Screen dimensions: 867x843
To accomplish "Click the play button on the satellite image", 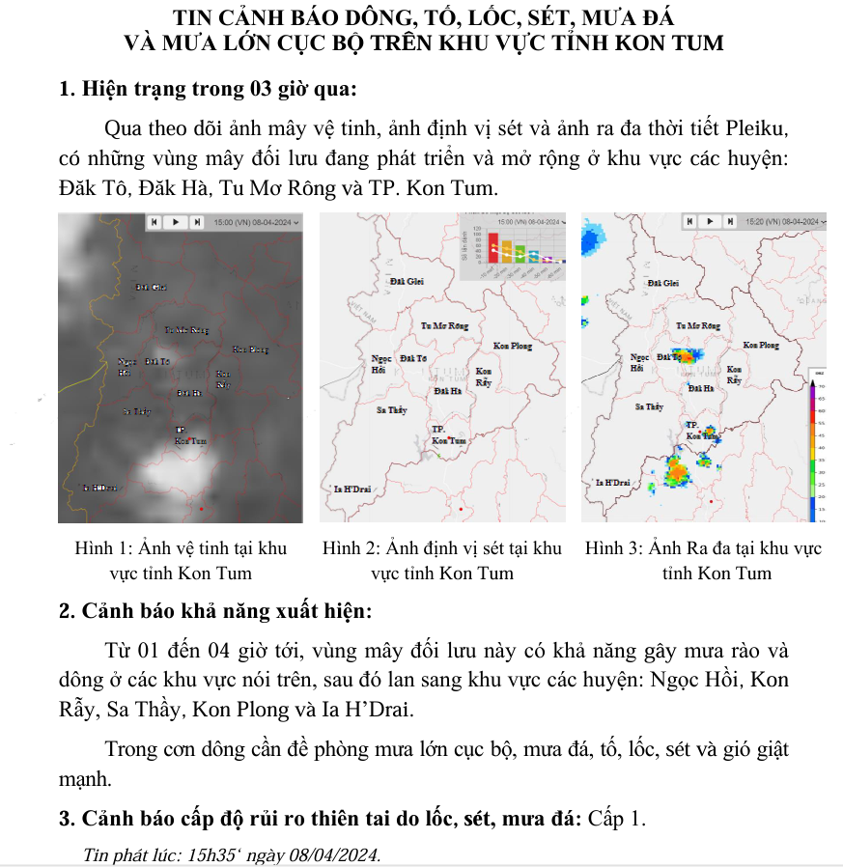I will [x=175, y=221].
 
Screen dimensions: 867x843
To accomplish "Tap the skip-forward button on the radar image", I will [x=731, y=221].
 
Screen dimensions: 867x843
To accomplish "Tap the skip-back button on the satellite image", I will [x=155, y=221].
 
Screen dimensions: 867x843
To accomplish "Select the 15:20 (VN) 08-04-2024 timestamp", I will [x=783, y=221].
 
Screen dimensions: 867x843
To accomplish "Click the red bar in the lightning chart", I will [x=492, y=247].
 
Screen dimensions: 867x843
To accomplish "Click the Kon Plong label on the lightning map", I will [x=512, y=346].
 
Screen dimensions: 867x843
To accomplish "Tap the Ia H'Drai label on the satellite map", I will [x=100, y=488].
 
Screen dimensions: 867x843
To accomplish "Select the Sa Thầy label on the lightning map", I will [x=391, y=410].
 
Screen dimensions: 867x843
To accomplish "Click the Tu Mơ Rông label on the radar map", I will [x=698, y=326].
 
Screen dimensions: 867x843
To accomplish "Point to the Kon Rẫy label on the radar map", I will [x=736, y=376].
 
